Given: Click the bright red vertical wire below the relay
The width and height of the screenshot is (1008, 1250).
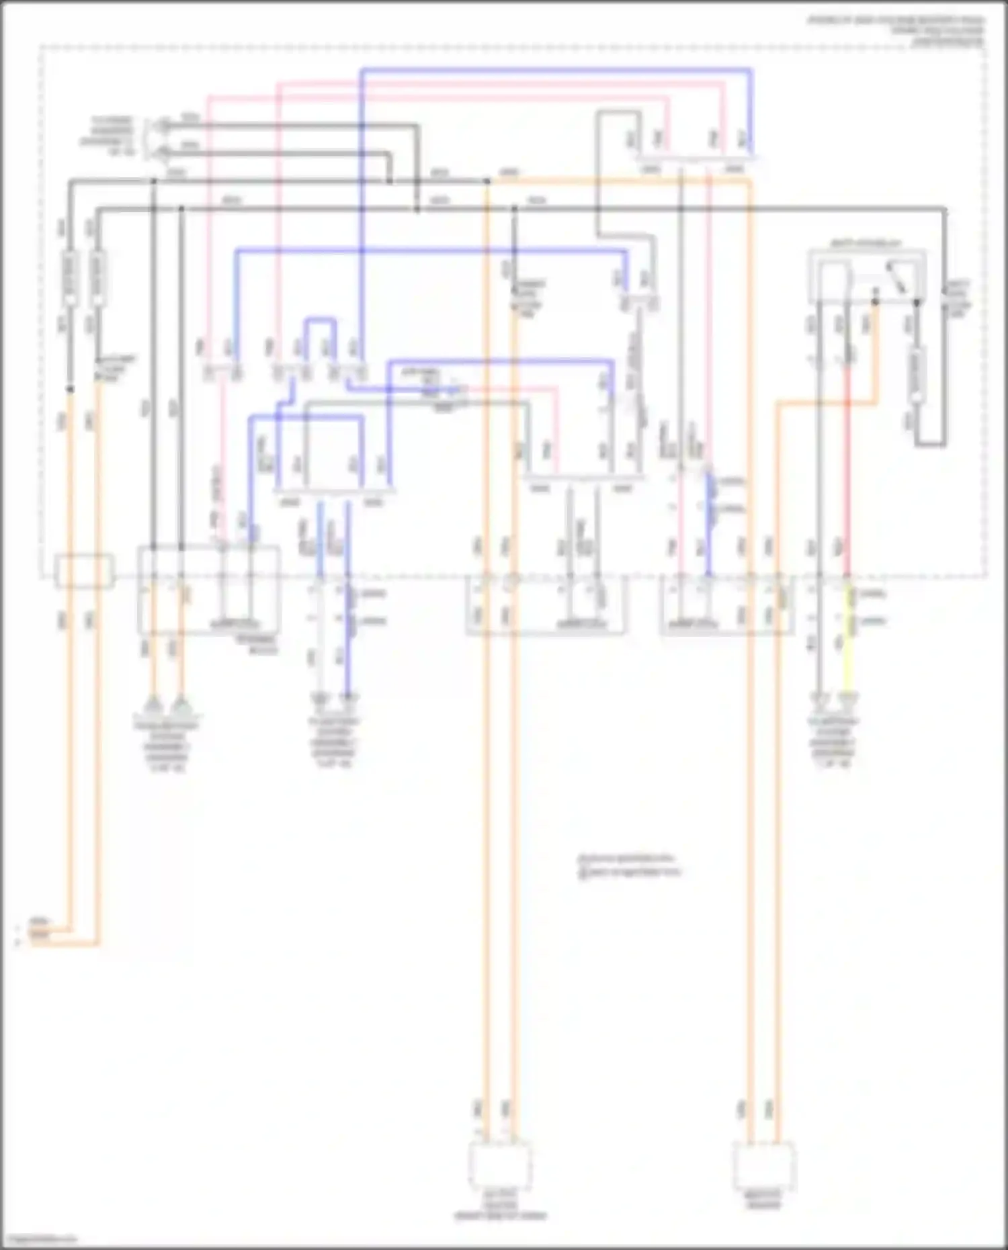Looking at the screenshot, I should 847,470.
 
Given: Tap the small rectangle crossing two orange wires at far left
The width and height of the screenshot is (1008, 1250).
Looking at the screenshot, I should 84,571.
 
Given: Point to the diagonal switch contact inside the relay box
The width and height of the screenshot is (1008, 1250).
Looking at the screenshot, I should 896,277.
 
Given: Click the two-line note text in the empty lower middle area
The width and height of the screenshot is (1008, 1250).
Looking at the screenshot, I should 628,866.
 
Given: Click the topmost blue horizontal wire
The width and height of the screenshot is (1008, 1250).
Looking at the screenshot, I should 558,69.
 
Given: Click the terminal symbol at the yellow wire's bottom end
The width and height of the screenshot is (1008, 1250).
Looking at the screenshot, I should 848,702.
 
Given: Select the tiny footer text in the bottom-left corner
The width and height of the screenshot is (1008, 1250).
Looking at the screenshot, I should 39,1240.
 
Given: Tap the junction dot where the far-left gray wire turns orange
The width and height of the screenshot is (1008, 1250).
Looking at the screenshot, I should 69,389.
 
